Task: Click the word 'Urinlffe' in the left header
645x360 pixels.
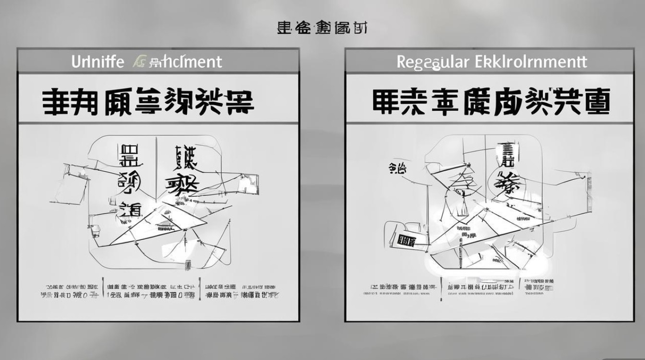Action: pyautogui.click(x=98, y=62)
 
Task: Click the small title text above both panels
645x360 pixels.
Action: pyautogui.click(x=322, y=28)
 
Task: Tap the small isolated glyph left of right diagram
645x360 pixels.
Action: pyautogui.click(x=397, y=168)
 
